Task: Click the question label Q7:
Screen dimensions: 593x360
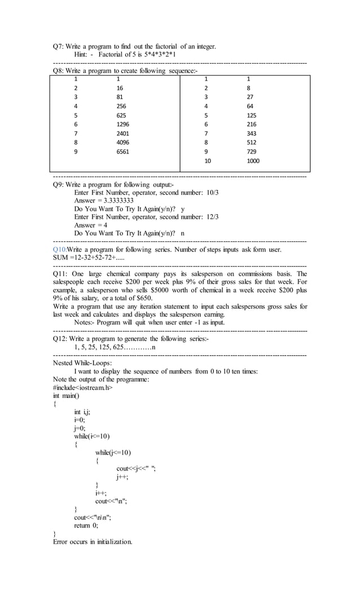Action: (x=58, y=46)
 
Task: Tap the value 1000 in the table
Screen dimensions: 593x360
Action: (x=253, y=161)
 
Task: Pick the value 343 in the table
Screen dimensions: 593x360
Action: (x=252, y=134)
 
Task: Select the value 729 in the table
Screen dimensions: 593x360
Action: (x=252, y=152)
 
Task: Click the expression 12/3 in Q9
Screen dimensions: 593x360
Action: (x=213, y=217)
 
